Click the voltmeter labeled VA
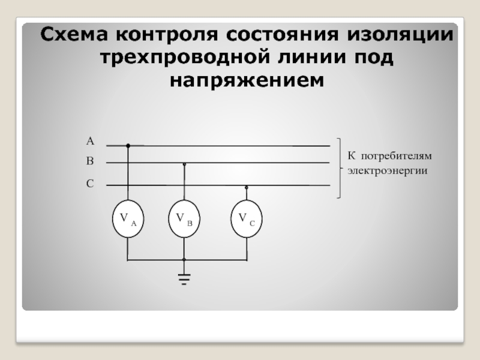(x=128, y=219)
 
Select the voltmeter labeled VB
(x=184, y=219)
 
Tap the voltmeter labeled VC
(x=247, y=219)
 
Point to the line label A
(x=90, y=142)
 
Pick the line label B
(x=90, y=161)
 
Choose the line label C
(x=90, y=184)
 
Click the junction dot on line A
(x=128, y=145)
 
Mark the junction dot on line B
(x=184, y=163)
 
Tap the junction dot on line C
(x=247, y=187)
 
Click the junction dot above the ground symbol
(x=184, y=259)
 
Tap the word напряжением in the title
(x=246, y=80)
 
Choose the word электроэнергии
(x=387, y=170)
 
